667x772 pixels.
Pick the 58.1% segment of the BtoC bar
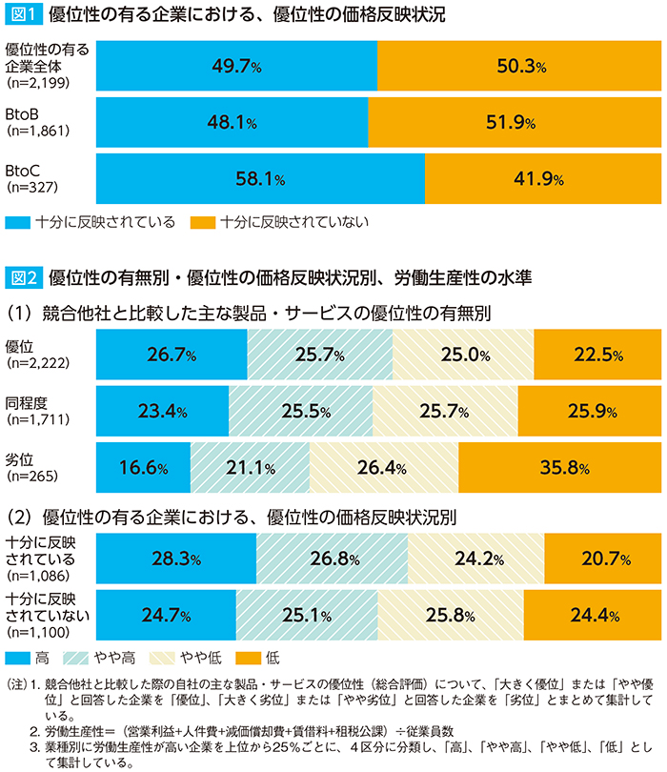click(260, 178)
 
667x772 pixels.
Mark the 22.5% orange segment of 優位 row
click(596, 355)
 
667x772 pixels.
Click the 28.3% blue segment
click(177, 558)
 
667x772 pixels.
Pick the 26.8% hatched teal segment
click(332, 558)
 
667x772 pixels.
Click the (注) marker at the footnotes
click(16, 683)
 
